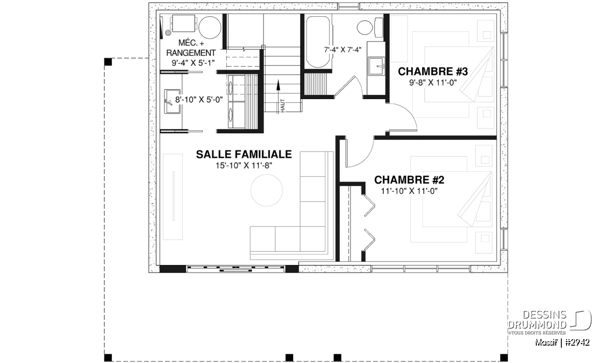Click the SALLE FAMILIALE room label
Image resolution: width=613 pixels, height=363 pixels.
(x=244, y=154)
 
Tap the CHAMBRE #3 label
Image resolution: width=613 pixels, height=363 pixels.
(x=433, y=71)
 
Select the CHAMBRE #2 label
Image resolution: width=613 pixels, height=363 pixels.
(x=409, y=180)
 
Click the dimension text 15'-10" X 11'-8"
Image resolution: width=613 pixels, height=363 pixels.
(x=244, y=165)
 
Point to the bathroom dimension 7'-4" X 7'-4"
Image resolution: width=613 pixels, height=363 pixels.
(x=343, y=50)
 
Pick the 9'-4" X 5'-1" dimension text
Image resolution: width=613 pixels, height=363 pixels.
(x=193, y=63)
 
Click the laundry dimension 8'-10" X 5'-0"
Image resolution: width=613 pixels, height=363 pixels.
(x=199, y=100)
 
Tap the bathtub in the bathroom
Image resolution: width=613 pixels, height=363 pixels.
(x=318, y=42)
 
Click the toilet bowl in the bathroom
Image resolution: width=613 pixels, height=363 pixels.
(x=365, y=28)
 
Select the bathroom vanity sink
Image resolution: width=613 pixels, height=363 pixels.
(x=376, y=66)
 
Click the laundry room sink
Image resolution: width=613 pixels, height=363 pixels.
(x=172, y=101)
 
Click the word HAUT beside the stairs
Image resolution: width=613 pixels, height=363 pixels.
(x=282, y=106)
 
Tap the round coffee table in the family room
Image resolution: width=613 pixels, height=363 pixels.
(x=267, y=190)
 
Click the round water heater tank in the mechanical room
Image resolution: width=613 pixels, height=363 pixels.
(x=209, y=28)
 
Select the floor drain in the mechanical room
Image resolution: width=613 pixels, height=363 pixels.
(x=168, y=33)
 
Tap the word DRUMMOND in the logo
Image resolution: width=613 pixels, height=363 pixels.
(x=537, y=325)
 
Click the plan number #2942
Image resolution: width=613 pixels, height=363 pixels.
(x=577, y=343)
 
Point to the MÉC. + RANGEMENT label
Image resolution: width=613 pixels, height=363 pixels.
(x=191, y=48)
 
